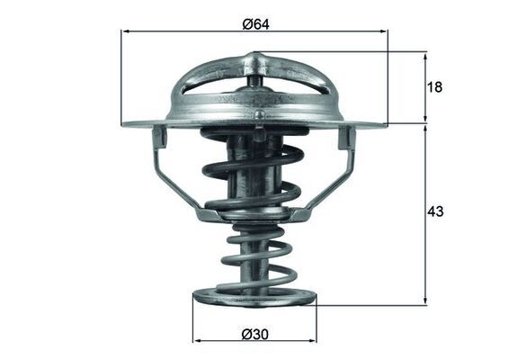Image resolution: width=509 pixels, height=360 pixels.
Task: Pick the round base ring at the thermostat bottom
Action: (x=254, y=297)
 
